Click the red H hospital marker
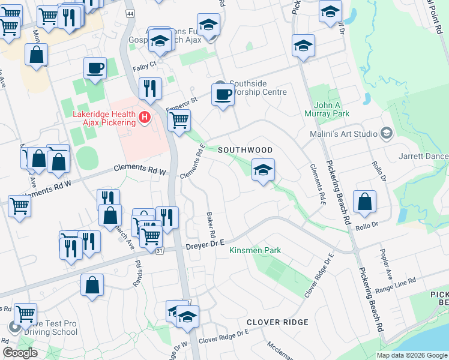click(144, 118)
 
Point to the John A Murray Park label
click(331, 109)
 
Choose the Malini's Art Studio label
click(343, 134)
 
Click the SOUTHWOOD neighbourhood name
click(245, 150)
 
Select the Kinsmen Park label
click(256, 250)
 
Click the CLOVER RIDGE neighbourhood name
click(277, 322)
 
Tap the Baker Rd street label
click(211, 223)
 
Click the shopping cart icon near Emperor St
click(179, 121)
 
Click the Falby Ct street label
click(144, 64)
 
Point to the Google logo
click(20, 353)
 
